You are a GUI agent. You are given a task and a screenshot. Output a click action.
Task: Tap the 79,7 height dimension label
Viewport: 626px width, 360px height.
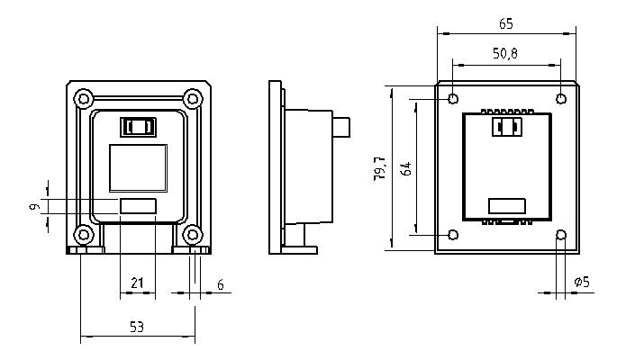[380, 167]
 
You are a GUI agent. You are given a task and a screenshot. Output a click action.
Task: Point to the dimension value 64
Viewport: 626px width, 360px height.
[406, 167]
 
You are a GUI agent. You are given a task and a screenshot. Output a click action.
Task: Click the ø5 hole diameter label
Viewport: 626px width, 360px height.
[582, 283]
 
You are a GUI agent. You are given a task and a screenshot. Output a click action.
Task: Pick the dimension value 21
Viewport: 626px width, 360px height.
[137, 283]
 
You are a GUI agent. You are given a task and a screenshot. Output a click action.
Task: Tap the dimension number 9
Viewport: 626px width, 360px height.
[33, 207]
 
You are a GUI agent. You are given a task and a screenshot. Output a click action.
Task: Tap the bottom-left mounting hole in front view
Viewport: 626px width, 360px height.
[83, 236]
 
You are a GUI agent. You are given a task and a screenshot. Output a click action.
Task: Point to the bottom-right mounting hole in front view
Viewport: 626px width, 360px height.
[192, 236]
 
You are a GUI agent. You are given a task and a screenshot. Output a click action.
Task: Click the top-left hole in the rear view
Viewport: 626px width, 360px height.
[453, 99]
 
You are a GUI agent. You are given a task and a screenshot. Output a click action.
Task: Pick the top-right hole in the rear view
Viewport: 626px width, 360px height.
[560, 99]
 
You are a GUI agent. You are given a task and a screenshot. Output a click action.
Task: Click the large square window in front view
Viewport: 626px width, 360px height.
[137, 167]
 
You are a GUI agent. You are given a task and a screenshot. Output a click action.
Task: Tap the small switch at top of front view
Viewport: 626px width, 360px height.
[139, 126]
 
